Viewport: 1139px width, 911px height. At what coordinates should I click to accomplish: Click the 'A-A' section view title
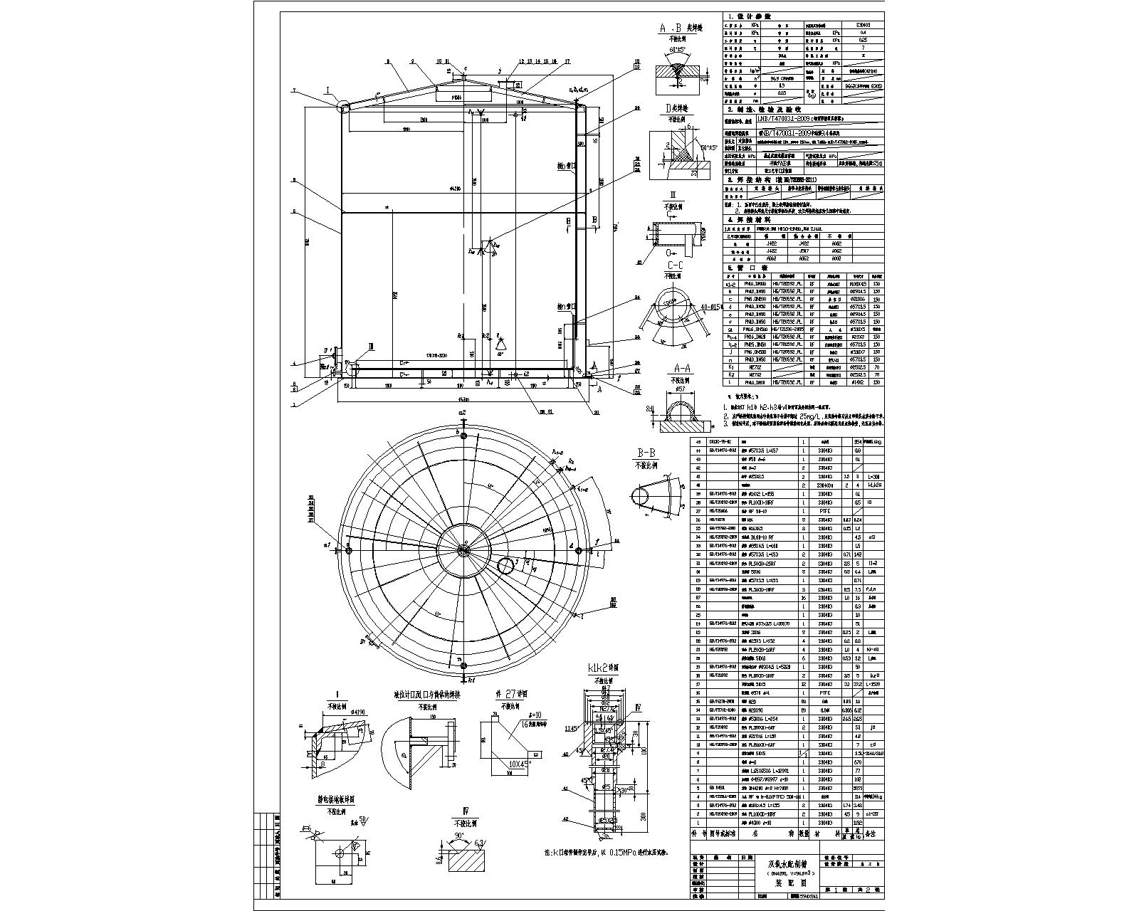tap(679, 368)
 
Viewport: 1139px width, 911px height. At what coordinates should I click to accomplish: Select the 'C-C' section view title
tap(673, 265)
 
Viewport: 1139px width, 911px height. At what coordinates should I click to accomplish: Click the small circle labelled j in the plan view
tap(505, 566)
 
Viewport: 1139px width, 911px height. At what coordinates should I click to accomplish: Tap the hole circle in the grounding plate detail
tap(339, 852)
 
